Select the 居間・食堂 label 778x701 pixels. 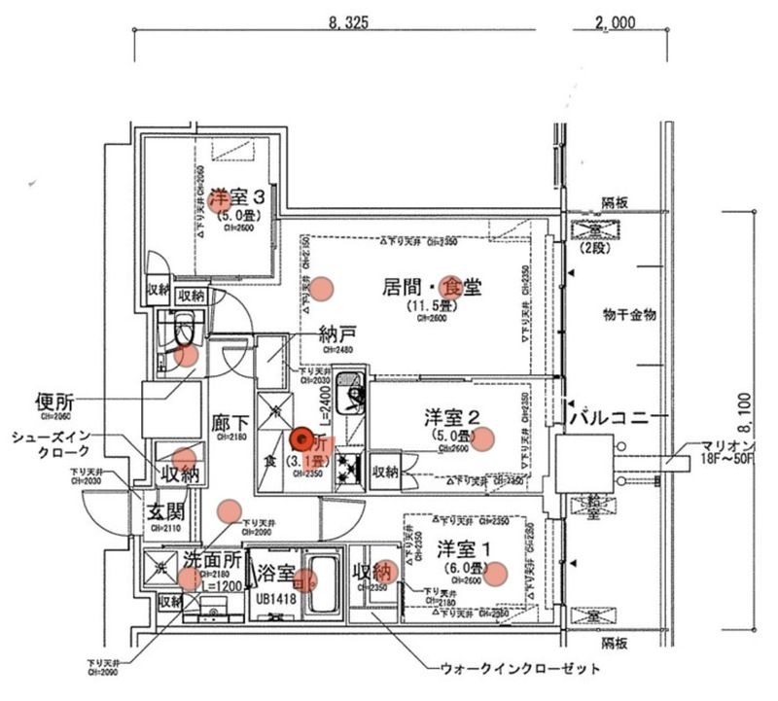431,287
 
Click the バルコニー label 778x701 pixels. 617,419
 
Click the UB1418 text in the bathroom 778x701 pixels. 275,599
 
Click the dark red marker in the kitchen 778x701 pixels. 301,440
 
